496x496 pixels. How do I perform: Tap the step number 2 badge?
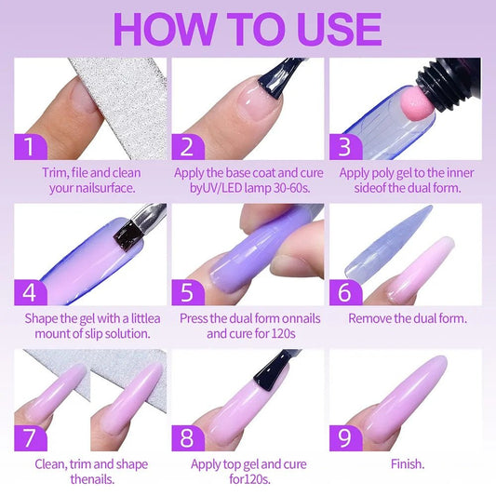[x=187, y=146]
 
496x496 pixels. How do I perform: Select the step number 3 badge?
[x=344, y=146]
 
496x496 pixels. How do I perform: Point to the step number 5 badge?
[x=187, y=291]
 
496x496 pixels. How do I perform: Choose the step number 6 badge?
[x=344, y=291]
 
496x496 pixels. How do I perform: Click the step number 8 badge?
[x=187, y=436]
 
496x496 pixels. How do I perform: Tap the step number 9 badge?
[x=344, y=436]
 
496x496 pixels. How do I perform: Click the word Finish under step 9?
[x=407, y=463]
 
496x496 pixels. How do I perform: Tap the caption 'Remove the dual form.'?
[x=407, y=317]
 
